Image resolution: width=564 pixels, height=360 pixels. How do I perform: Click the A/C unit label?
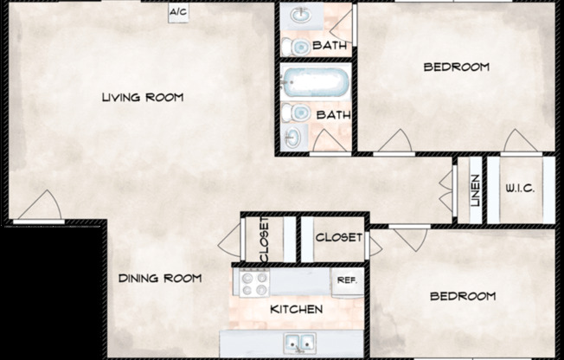click(x=178, y=12)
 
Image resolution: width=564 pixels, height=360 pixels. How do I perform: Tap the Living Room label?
click(x=143, y=97)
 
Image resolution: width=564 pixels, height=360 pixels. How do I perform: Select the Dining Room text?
click(x=160, y=279)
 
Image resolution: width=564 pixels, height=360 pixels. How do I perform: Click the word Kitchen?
click(x=297, y=309)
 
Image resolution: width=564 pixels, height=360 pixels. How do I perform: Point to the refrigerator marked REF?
click(x=348, y=282)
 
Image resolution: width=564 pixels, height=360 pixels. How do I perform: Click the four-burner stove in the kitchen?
click(x=254, y=283)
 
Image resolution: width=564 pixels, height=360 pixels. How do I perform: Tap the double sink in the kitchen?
click(x=299, y=343)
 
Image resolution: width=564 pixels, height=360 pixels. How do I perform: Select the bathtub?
click(x=316, y=81)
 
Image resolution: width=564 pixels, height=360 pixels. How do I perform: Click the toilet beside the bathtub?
click(x=296, y=113)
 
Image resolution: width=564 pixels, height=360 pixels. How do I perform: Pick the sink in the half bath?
click(x=301, y=16)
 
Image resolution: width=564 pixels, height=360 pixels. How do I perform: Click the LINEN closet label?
click(x=476, y=190)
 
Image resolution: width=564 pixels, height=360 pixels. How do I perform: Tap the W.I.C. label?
click(x=521, y=189)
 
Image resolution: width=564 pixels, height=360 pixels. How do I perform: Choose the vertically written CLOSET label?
click(x=264, y=240)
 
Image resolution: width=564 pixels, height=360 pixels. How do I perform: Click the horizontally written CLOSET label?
click(x=339, y=238)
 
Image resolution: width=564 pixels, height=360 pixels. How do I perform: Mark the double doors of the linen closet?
click(x=447, y=190)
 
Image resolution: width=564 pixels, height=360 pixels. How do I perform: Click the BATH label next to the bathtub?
click(x=333, y=115)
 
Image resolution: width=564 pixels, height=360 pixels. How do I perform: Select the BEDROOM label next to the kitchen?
click(x=463, y=296)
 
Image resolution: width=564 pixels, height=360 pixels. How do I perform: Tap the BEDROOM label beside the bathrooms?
click(x=457, y=67)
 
